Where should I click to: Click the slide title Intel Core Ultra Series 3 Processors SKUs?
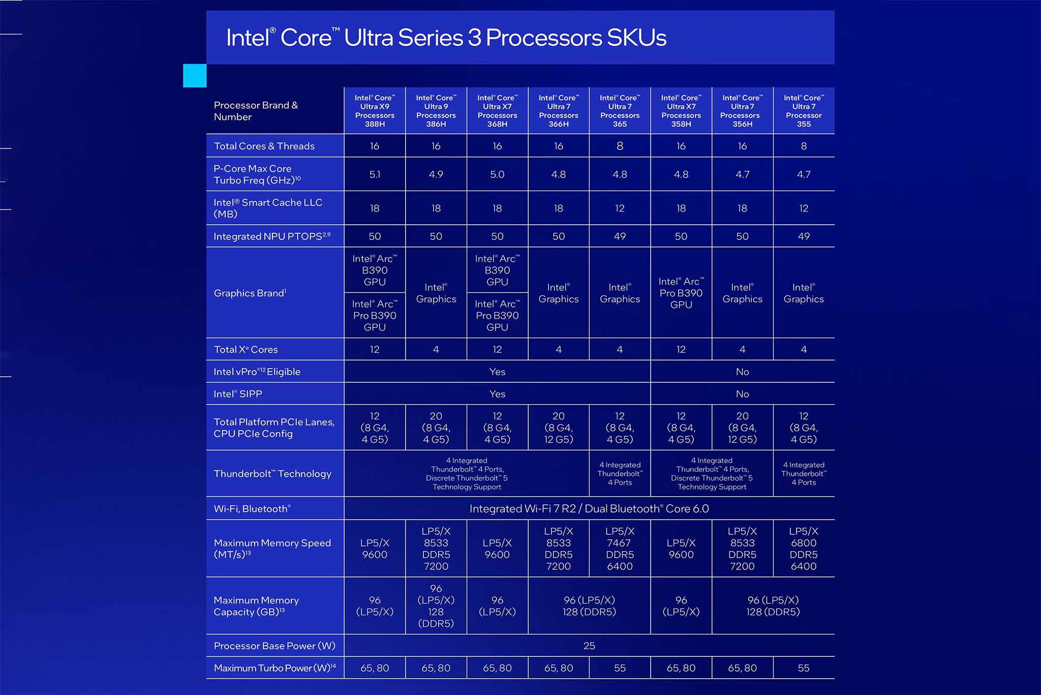446,38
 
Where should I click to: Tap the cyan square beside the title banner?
195,76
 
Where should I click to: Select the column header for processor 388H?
375,111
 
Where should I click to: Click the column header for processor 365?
620,111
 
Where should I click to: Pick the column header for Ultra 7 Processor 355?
804,111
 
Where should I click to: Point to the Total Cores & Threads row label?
264,146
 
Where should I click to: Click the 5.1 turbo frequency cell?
375,174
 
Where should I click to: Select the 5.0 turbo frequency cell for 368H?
497,174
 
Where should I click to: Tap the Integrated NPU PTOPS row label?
272,236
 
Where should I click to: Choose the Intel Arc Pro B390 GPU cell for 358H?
681,293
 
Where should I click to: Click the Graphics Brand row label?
250,293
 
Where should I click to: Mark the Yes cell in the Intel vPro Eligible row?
497,372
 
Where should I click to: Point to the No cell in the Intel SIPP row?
742,394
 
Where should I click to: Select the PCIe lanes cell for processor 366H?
559,428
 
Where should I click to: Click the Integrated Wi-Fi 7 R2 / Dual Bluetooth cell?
589,508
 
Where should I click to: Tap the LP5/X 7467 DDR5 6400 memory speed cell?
620,549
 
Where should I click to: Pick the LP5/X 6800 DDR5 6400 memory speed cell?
804,549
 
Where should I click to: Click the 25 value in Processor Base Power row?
589,646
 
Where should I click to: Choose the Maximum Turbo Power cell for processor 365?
620,668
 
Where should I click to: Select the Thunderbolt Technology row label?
272,474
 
